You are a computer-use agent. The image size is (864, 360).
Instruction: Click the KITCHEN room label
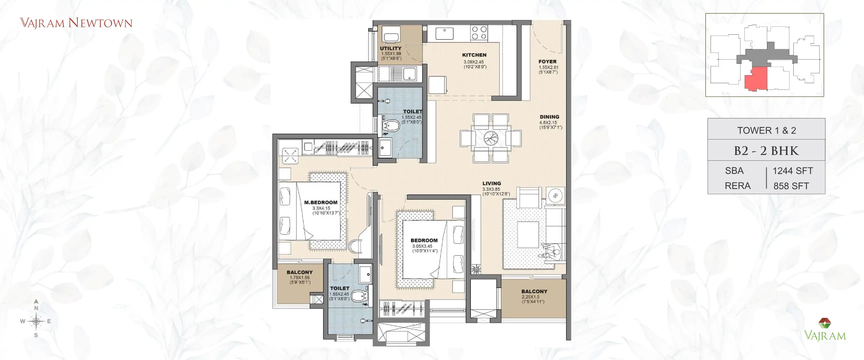[474, 55]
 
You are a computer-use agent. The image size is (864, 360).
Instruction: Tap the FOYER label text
[547, 62]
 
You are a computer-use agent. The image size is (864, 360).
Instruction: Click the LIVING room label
[491, 183]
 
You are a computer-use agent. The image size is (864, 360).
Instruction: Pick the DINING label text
[549, 117]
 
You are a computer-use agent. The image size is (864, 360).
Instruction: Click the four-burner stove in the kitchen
[479, 33]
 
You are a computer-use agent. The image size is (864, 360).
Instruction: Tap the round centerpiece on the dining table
[491, 138]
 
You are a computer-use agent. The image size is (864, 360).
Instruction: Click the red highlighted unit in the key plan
[756, 78]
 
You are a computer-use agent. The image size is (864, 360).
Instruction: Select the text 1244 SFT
[792, 171]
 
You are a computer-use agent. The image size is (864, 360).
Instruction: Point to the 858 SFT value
[791, 186]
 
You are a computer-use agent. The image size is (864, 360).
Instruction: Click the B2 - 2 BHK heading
[766, 151]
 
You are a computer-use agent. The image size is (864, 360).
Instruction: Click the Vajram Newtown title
[76, 23]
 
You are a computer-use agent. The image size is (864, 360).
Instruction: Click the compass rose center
[36, 321]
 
